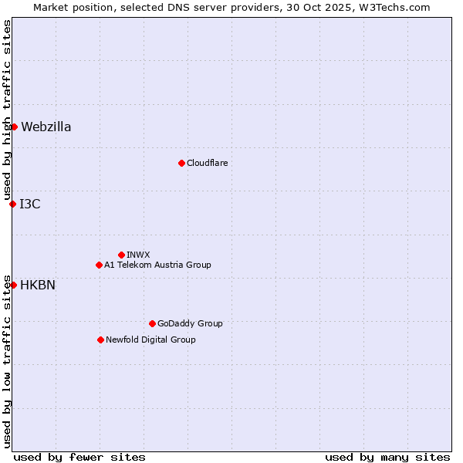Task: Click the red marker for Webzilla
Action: [x=14, y=127]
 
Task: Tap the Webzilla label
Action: [x=46, y=127]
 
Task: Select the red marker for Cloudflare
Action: [x=181, y=163]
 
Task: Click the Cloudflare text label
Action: [x=207, y=164]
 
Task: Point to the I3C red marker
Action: [x=12, y=204]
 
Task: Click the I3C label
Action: [x=30, y=204]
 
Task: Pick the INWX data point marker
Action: [x=121, y=255]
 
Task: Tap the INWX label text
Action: [x=138, y=255]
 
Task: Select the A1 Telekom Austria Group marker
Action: [x=99, y=265]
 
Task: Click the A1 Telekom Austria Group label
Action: [x=157, y=265]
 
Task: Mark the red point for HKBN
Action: [x=13, y=285]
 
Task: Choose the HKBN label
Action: [x=38, y=286]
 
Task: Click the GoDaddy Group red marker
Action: [x=152, y=323]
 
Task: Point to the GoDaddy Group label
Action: [x=190, y=324]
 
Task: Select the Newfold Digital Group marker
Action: [x=100, y=340]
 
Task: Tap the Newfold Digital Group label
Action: [x=150, y=340]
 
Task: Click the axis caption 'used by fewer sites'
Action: [x=79, y=457]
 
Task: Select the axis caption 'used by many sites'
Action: [x=387, y=457]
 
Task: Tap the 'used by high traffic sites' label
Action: [x=7, y=110]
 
